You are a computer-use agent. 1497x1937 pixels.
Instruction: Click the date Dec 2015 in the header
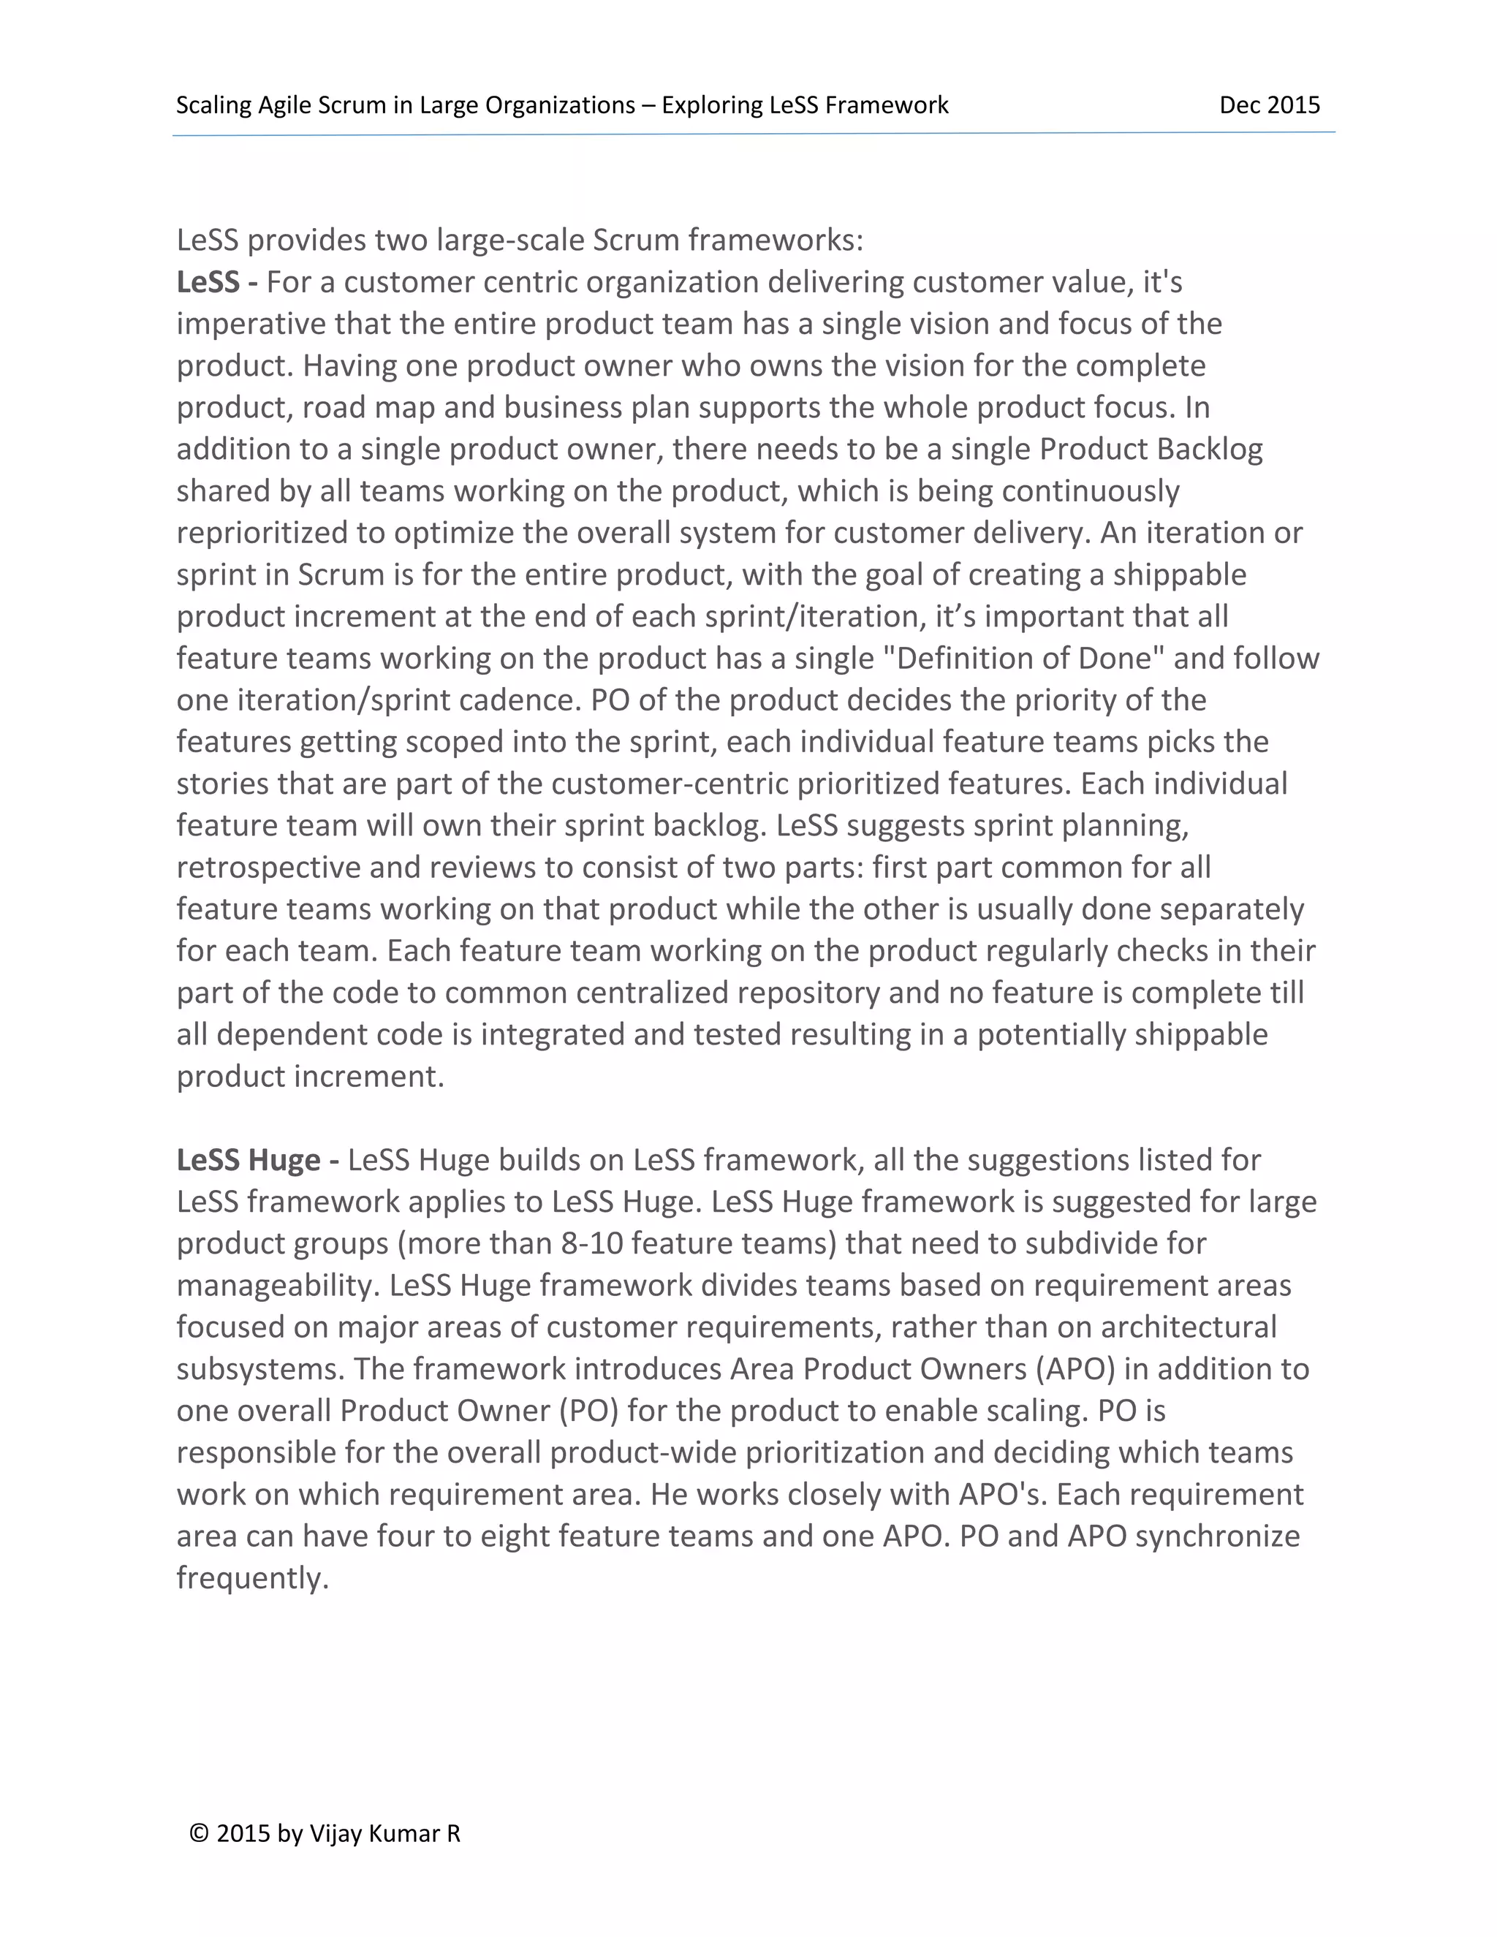click(1269, 105)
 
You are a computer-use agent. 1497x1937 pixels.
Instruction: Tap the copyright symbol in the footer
click(200, 1833)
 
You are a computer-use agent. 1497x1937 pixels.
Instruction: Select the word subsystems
click(259, 1368)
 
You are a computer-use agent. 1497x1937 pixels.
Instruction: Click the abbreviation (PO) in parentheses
click(588, 1410)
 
